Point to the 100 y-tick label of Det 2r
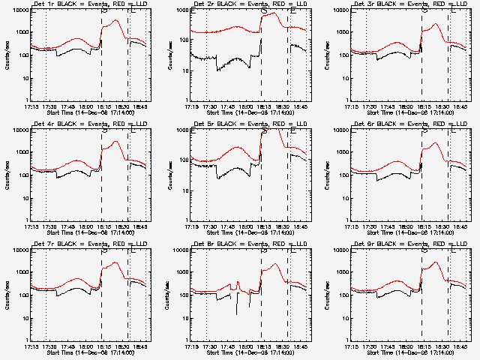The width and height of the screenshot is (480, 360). [184, 55]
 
